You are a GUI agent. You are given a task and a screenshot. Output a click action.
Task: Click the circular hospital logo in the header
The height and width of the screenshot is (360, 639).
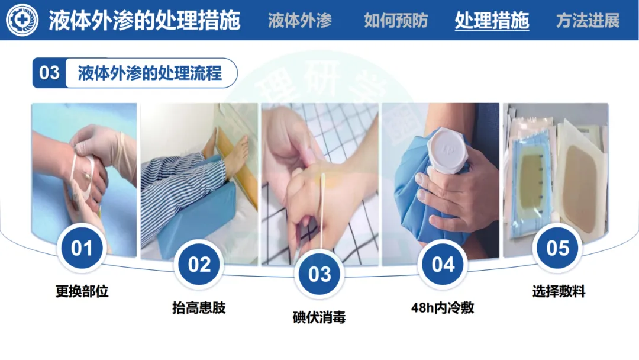click(x=22, y=20)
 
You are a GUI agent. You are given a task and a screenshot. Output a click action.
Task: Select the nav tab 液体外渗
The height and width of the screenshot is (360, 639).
click(x=299, y=20)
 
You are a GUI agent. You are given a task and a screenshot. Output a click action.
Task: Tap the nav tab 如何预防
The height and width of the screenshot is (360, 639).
click(x=396, y=20)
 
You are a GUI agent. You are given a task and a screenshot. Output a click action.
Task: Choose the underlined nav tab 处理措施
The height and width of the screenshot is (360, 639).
click(x=492, y=20)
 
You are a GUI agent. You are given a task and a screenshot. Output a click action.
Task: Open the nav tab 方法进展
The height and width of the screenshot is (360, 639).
click(x=588, y=20)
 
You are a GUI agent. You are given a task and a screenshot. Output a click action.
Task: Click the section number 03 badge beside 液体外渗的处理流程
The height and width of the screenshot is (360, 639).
click(x=49, y=73)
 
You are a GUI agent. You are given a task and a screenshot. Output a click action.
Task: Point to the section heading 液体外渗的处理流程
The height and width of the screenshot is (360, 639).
click(x=150, y=73)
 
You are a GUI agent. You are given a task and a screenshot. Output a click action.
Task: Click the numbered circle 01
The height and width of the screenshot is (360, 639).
click(x=82, y=248)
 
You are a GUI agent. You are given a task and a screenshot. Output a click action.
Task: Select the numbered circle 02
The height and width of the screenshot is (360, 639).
click(x=199, y=265)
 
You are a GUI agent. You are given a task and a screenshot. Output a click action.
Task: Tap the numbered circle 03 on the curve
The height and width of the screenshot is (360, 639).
click(x=319, y=274)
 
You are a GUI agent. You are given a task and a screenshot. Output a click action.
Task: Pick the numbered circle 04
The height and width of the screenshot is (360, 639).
click(x=443, y=265)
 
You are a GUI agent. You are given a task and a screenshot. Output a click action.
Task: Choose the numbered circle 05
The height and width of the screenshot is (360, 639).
click(x=557, y=248)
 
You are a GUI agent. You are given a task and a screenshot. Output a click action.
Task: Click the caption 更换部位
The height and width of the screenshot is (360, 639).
click(x=82, y=291)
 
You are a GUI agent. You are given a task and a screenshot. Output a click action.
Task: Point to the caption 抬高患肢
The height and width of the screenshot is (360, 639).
click(x=199, y=308)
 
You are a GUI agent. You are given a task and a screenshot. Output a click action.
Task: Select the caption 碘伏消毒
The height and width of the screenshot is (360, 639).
click(x=319, y=317)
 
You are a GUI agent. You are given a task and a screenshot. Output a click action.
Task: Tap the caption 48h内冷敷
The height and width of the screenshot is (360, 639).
click(x=443, y=308)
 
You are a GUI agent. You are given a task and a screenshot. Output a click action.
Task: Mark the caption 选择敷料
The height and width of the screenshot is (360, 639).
click(x=559, y=291)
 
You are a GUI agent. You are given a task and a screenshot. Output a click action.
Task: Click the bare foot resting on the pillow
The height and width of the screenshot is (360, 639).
click(x=233, y=155)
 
